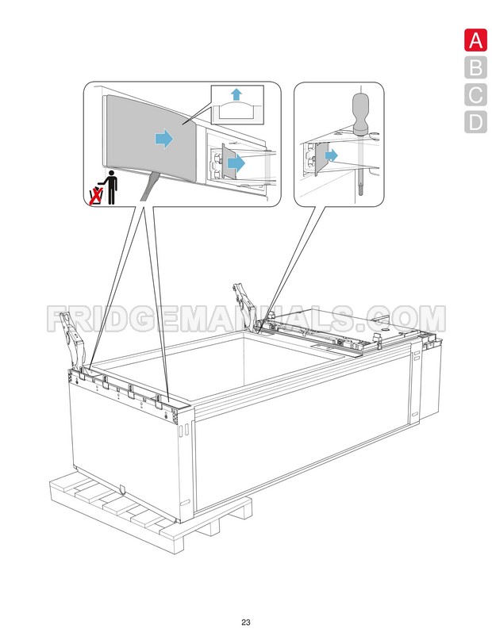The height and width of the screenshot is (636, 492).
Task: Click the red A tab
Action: pyautogui.click(x=475, y=40)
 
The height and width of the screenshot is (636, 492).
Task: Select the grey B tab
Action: pyautogui.click(x=475, y=68)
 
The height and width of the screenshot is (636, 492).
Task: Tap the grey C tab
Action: pyautogui.click(x=475, y=95)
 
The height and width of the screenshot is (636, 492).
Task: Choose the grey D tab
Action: pyautogui.click(x=475, y=122)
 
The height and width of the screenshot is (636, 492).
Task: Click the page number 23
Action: pyautogui.click(x=246, y=622)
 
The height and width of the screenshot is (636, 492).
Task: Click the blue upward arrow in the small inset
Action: pyautogui.click(x=236, y=95)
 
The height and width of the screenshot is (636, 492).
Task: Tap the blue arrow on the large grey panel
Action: pyautogui.click(x=163, y=140)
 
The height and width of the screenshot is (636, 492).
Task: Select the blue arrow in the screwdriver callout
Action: pyautogui.click(x=331, y=155)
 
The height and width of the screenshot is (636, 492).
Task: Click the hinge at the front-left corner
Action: pyautogui.click(x=74, y=338)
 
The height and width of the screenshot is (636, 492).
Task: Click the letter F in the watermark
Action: pyautogui.click(x=60, y=318)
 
